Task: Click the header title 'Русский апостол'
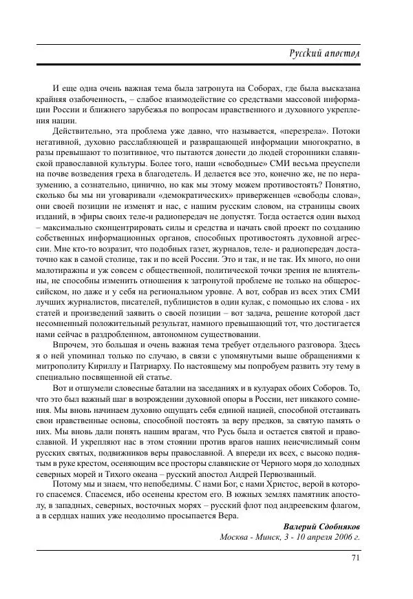(x=333, y=54)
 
